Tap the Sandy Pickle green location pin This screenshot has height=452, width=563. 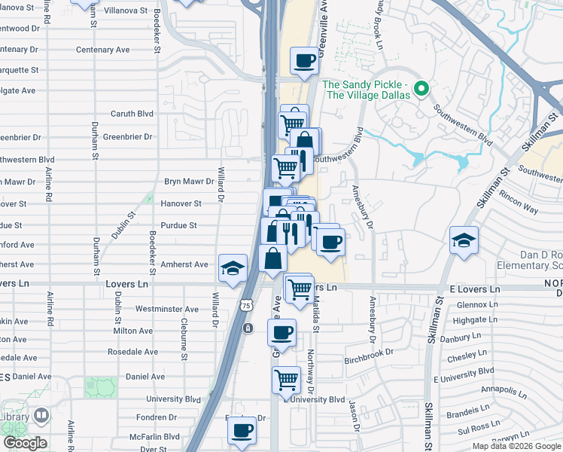[x=422, y=90]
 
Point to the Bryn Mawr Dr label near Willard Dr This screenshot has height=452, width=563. [x=189, y=182]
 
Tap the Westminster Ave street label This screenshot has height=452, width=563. [x=167, y=309]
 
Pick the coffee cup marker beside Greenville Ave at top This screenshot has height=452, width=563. [x=305, y=61]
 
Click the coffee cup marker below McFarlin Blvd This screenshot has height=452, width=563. [x=242, y=431]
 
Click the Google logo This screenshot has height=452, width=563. [x=25, y=443]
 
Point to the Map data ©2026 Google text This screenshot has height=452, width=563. [x=516, y=446]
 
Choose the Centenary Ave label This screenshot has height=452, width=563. [x=103, y=50]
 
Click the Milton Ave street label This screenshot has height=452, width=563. [x=132, y=331]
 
